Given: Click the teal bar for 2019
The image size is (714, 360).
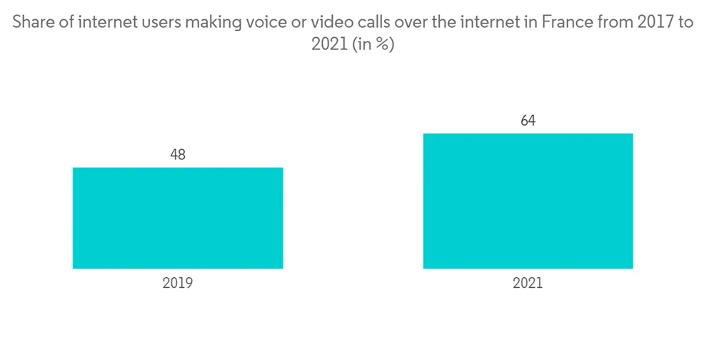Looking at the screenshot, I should pos(178,218).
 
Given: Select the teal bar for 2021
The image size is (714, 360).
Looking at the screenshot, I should pos(528,201).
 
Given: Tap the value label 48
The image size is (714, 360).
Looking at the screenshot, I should pos(178,154).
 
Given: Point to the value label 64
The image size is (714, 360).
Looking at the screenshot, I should pos(528,121).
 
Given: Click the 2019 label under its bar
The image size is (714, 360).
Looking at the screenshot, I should pos(178,284).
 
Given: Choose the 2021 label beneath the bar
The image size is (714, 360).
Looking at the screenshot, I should pos(528,284).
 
